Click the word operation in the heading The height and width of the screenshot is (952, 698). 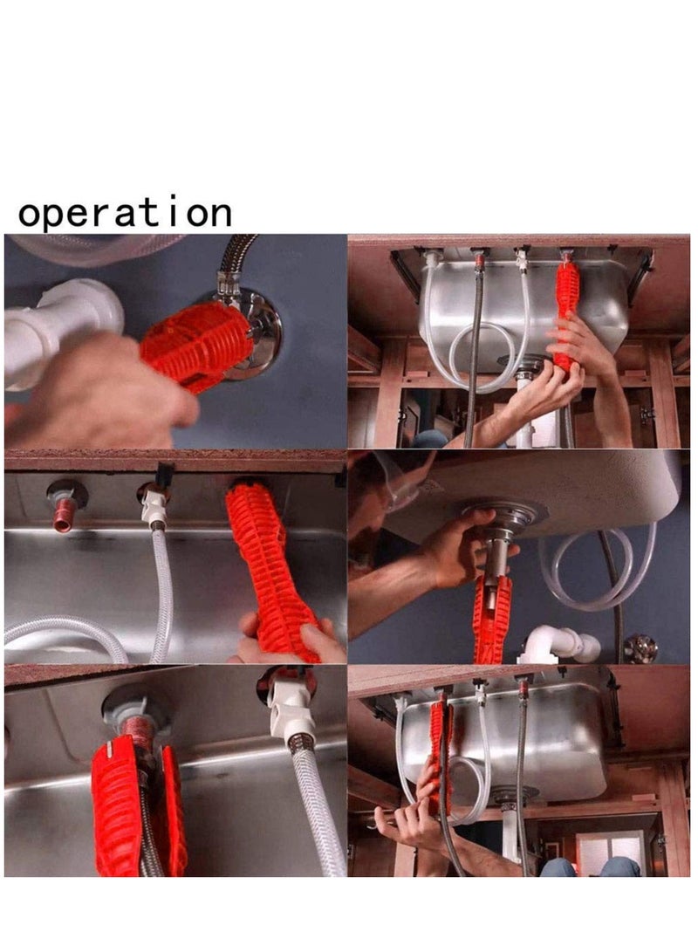click(125, 214)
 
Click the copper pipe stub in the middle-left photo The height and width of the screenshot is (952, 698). click(64, 516)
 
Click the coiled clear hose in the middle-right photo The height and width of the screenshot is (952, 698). click(602, 567)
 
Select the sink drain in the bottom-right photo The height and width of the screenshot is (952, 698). click(514, 796)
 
